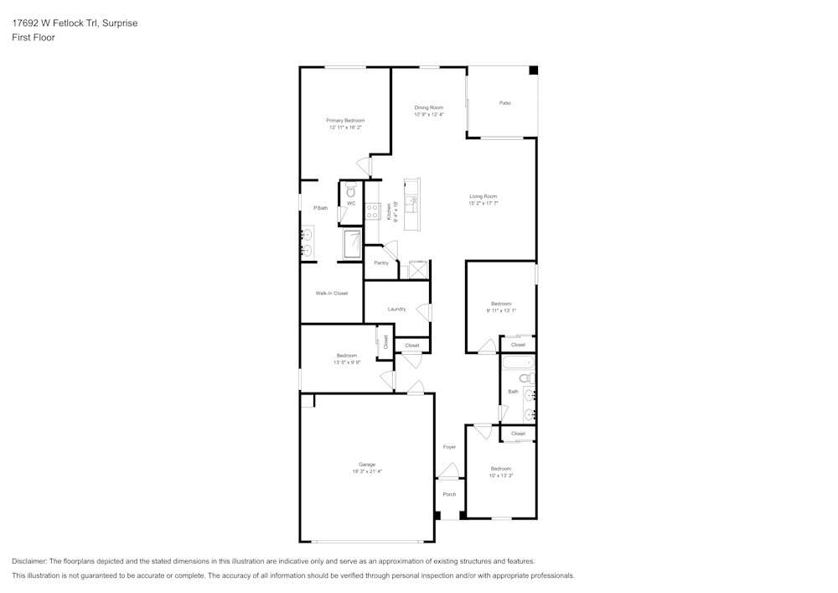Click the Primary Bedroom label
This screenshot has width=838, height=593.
(345, 121)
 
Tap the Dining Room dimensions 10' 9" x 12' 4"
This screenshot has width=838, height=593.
(428, 115)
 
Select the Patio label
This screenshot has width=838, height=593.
(504, 103)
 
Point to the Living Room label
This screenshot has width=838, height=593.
(483, 196)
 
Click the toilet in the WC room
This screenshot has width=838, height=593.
(351, 190)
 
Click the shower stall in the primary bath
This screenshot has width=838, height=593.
(351, 243)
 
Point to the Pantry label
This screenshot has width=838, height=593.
(381, 263)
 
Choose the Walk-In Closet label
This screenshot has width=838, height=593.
(331, 294)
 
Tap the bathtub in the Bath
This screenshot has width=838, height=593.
(517, 364)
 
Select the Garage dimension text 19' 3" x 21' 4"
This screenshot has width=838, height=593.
(367, 471)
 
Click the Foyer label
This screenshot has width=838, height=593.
(449, 447)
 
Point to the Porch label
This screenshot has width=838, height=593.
(449, 494)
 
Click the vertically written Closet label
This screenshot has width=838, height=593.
(386, 341)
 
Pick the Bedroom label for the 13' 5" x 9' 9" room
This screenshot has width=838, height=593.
(346, 356)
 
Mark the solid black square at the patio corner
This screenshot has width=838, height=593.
(532, 71)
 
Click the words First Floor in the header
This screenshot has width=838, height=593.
(34, 38)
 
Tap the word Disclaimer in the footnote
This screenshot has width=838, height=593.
(29, 561)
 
